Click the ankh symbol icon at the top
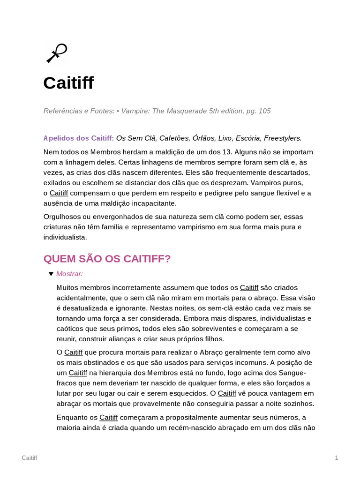(x=57, y=52)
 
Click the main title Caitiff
(x=68, y=83)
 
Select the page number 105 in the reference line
(x=264, y=111)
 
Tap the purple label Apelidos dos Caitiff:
(x=78, y=138)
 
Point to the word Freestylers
(x=283, y=138)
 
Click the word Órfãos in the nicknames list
(x=205, y=138)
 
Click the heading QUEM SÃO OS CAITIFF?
(x=107, y=259)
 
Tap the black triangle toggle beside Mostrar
(x=51, y=274)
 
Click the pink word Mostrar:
(x=69, y=274)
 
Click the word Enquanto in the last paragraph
(x=71, y=417)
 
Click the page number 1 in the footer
(x=337, y=458)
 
